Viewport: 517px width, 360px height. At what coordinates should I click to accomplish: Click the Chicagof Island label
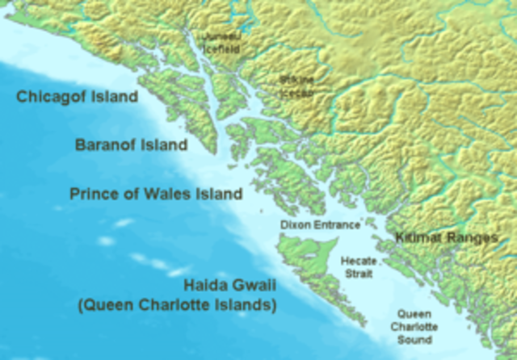pyautogui.click(x=78, y=97)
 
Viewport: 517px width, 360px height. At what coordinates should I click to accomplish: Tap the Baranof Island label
pyautogui.click(x=132, y=145)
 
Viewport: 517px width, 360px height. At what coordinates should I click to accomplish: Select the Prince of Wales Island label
pyautogui.click(x=156, y=194)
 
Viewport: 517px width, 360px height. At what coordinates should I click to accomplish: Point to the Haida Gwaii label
pyautogui.click(x=229, y=286)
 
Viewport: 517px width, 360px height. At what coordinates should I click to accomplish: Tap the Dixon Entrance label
pyautogui.click(x=320, y=224)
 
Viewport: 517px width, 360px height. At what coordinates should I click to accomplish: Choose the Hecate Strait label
pyautogui.click(x=358, y=268)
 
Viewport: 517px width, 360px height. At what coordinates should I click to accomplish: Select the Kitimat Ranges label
pyautogui.click(x=447, y=238)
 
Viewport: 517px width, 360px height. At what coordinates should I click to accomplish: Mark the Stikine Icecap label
pyautogui.click(x=296, y=86)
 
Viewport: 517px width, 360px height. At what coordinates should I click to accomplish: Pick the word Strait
pyautogui.click(x=358, y=274)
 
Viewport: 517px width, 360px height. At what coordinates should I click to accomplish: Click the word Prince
pyautogui.click(x=93, y=194)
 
